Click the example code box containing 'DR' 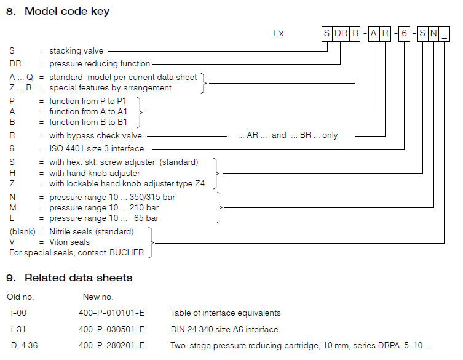[x=341, y=34]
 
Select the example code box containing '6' [x=404, y=34]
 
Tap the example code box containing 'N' [x=433, y=34]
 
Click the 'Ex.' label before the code [x=280, y=34]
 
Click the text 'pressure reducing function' [x=100, y=63]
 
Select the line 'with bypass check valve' [x=97, y=135]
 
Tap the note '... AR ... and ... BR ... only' [x=288, y=135]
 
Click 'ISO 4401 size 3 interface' [x=97, y=148]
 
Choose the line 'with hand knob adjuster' [x=94, y=173]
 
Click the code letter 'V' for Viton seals [x=12, y=242]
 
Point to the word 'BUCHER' [x=127, y=252]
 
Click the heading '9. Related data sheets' [x=69, y=278]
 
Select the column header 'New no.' [x=98, y=297]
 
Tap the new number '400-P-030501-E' [x=112, y=329]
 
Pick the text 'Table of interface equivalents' [x=226, y=313]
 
